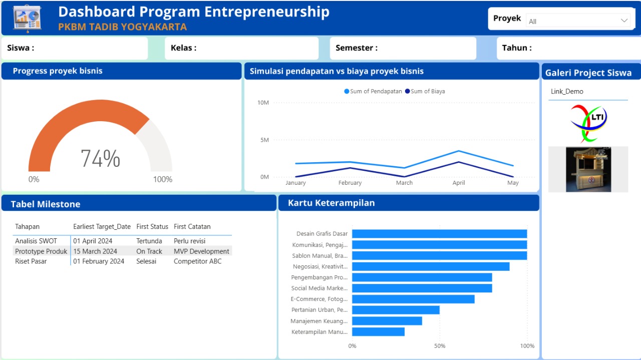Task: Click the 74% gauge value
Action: click(100, 159)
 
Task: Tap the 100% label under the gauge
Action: click(162, 179)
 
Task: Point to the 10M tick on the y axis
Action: click(263, 103)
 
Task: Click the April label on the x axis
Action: click(459, 183)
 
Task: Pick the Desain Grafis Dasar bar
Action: click(439, 234)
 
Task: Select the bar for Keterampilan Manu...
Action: click(378, 331)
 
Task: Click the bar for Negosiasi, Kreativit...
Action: click(431, 266)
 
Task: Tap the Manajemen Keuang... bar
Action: click(387, 321)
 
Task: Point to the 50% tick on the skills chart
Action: click(439, 346)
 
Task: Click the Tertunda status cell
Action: click(149, 241)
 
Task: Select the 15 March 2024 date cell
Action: click(95, 251)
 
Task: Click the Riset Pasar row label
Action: click(31, 261)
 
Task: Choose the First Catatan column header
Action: click(192, 226)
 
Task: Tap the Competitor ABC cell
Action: click(197, 261)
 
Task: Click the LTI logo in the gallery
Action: click(588, 123)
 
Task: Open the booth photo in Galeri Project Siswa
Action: click(588, 169)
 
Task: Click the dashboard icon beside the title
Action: click(27, 19)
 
